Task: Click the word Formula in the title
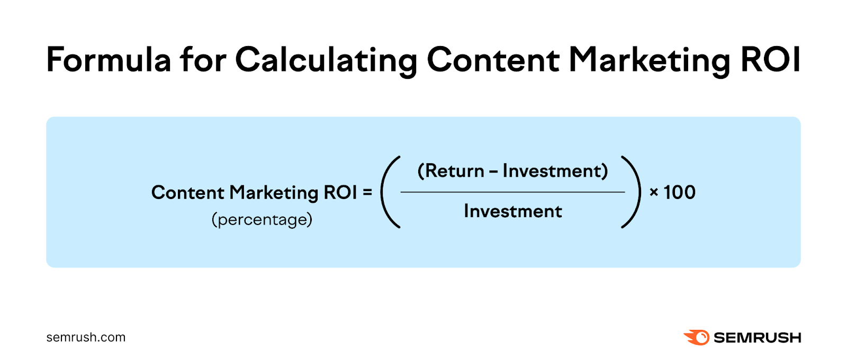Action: tap(109, 59)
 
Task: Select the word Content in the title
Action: tap(493, 59)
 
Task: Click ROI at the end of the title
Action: tap(770, 59)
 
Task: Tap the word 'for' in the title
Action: tap(203, 59)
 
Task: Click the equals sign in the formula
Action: tap(367, 193)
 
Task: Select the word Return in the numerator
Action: tap(455, 171)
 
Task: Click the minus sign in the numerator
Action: tap(493, 172)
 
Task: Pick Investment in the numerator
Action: tap(551, 171)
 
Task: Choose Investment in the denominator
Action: tap(513, 211)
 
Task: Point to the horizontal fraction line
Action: tap(513, 192)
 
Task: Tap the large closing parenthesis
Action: tap(632, 192)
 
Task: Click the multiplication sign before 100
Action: tap(654, 193)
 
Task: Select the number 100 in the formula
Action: tap(680, 192)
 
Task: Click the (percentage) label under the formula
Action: tap(262, 219)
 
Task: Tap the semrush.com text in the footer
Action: tap(86, 337)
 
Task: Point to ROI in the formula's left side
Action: tap(340, 192)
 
